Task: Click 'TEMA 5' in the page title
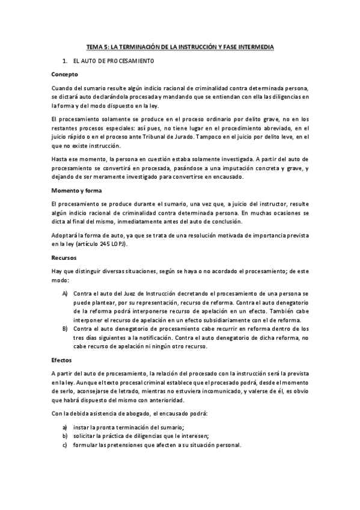point(96,46)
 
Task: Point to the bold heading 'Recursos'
point(65,257)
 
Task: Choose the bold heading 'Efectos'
point(63,360)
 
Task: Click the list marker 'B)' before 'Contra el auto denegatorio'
point(65,329)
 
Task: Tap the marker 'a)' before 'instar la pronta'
point(65,427)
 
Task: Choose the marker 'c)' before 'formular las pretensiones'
point(65,445)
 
